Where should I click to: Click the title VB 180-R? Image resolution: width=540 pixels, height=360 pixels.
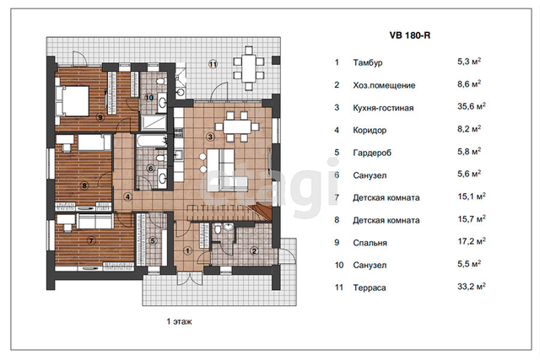(x=410, y=35)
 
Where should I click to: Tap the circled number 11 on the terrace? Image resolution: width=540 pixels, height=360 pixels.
(x=213, y=64)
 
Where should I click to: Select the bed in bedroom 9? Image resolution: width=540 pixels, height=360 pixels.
(x=73, y=100)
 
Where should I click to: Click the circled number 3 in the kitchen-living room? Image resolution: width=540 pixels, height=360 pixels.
(x=210, y=137)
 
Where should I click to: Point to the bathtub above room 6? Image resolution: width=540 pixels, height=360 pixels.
(x=152, y=141)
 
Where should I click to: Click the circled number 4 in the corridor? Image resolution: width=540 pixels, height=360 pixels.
(x=127, y=197)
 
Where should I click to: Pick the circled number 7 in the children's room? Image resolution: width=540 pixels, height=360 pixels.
(x=91, y=240)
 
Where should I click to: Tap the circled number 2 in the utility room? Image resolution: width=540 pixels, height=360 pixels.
(x=254, y=251)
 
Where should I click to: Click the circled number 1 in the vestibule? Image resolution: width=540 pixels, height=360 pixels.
(x=187, y=250)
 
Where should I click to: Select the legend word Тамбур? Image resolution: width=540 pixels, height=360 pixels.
(x=368, y=62)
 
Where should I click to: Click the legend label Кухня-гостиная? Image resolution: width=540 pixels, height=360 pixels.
(x=383, y=108)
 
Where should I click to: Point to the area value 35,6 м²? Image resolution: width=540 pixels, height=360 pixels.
(x=471, y=106)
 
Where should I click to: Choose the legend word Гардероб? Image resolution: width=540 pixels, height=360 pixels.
(x=372, y=153)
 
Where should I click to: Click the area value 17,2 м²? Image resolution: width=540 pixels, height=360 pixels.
(x=471, y=241)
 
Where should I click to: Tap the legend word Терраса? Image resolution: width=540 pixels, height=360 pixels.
(x=370, y=287)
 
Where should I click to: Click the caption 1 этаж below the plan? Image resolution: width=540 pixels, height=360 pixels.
(x=179, y=321)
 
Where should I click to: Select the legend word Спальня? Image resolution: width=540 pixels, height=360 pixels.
(x=370, y=243)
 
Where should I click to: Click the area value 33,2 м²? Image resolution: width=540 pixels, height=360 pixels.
(x=471, y=287)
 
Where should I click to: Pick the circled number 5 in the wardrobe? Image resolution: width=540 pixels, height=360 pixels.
(x=153, y=241)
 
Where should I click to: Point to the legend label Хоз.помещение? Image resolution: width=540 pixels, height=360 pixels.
(x=384, y=85)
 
